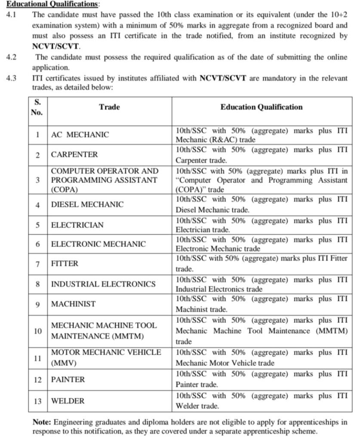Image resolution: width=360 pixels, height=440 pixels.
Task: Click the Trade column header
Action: click(109, 107)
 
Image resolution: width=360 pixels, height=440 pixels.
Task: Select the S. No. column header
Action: click(37, 107)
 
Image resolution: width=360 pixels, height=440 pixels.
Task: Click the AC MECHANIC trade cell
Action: click(80, 134)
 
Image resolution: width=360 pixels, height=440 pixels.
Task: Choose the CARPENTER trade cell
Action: click(74, 155)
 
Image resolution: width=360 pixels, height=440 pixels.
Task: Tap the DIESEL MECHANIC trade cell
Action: click(87, 205)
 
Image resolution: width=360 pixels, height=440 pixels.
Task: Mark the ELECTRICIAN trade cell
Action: click(77, 225)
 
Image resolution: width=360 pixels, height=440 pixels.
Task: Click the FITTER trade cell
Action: click(65, 264)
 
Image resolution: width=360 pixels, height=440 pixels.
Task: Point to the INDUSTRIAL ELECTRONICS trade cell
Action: click(103, 284)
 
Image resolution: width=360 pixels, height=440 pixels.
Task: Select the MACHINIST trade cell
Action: click(74, 304)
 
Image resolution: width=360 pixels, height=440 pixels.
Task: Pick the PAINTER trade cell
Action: click(68, 379)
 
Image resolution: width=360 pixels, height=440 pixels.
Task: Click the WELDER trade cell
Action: click(68, 401)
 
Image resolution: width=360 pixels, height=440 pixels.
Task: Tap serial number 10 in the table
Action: click(38, 331)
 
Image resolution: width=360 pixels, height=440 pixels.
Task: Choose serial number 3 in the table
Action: click(38, 180)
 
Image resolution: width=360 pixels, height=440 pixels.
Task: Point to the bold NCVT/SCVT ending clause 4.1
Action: click(56, 46)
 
